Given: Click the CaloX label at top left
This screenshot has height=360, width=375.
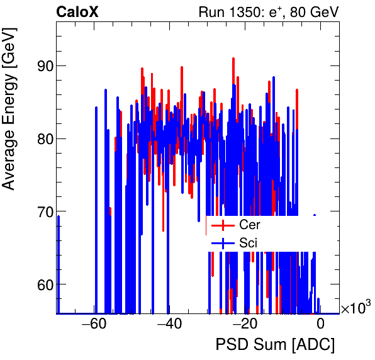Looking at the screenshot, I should [x=77, y=12].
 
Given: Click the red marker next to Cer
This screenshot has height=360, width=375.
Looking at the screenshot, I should [x=223, y=225].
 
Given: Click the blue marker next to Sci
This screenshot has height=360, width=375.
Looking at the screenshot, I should [x=223, y=243].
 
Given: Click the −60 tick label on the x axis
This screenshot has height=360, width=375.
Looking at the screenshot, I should [x=93, y=325].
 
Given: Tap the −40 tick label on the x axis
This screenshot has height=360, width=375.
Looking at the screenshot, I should [x=169, y=325].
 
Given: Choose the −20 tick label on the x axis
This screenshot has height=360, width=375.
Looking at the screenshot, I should [x=244, y=325].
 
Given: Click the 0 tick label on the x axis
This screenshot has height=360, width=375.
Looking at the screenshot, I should [x=320, y=325].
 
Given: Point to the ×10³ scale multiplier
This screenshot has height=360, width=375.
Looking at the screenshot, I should [x=355, y=308].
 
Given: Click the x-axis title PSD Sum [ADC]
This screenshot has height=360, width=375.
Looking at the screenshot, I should [x=275, y=346].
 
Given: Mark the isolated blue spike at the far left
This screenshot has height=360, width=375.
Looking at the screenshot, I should [x=59, y=264].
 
